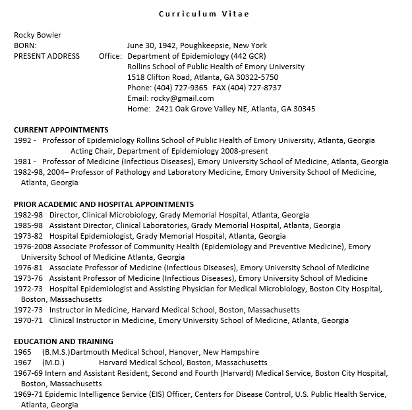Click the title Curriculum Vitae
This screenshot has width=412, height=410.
click(x=204, y=14)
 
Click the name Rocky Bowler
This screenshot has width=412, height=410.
click(x=38, y=35)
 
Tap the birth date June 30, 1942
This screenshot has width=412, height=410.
click(x=152, y=45)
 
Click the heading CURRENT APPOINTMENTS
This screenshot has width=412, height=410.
click(x=61, y=130)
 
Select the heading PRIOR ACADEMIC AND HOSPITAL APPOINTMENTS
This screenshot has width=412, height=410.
click(x=103, y=204)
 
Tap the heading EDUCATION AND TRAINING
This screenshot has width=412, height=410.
click(x=63, y=341)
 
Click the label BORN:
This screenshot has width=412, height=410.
click(x=26, y=45)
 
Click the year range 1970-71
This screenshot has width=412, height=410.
click(x=28, y=320)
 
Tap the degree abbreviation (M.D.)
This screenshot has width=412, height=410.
click(x=54, y=363)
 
